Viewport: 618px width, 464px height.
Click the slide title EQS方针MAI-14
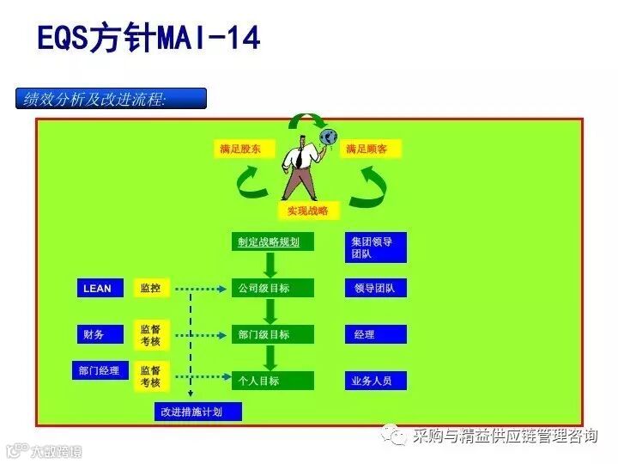[148, 39]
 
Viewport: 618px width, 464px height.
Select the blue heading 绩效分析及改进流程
[111, 99]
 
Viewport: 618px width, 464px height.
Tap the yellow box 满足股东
[244, 150]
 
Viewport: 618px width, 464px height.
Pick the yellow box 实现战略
[308, 211]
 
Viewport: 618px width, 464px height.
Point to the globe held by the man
[328, 137]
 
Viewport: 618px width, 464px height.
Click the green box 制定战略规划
[273, 242]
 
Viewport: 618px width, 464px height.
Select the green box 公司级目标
[273, 289]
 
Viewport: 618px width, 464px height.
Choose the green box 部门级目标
[273, 334]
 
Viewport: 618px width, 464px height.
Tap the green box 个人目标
[273, 381]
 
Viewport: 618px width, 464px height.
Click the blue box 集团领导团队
[375, 247]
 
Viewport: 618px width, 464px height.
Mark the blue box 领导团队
[375, 289]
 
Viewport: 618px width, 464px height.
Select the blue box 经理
[375, 334]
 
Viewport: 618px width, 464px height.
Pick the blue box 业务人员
[375, 381]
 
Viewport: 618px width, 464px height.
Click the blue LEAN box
[97, 289]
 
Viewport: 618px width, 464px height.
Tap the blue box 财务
[97, 334]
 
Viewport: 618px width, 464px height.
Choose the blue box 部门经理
[97, 371]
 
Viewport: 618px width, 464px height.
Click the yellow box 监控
[151, 289]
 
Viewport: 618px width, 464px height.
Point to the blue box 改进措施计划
[197, 412]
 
